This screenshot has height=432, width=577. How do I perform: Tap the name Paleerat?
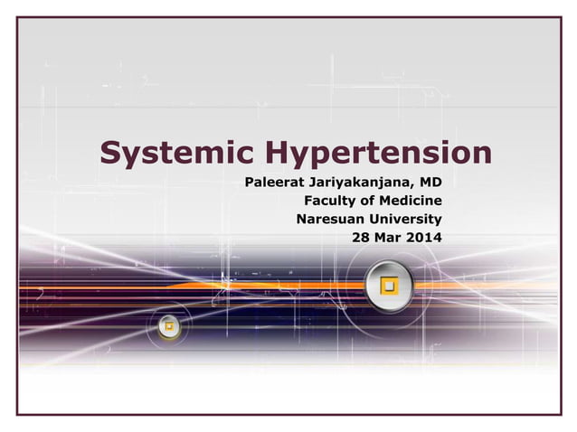(x=273, y=183)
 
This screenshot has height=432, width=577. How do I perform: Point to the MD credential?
(x=430, y=183)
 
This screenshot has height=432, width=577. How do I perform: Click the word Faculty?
(x=332, y=201)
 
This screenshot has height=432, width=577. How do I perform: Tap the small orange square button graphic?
(x=169, y=325)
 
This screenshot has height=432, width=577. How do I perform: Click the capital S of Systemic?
(x=110, y=153)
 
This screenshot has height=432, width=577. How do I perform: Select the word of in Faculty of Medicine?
(x=368, y=201)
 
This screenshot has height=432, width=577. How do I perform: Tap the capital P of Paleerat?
(x=250, y=183)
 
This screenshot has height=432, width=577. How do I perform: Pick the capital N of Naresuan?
(x=302, y=219)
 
